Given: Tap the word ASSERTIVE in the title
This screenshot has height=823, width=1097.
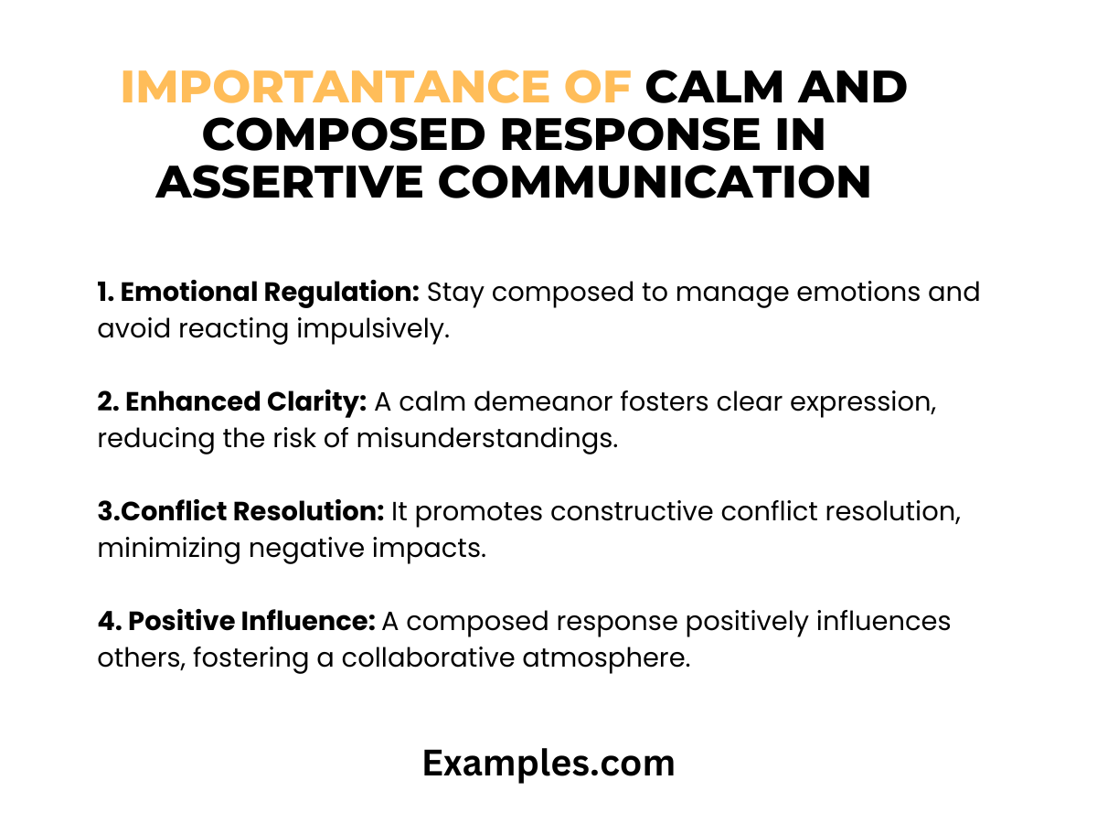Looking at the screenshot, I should [288, 182].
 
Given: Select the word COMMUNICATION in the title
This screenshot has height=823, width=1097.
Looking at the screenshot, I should [655, 182].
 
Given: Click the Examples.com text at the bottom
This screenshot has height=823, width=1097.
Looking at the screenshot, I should [548, 764].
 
